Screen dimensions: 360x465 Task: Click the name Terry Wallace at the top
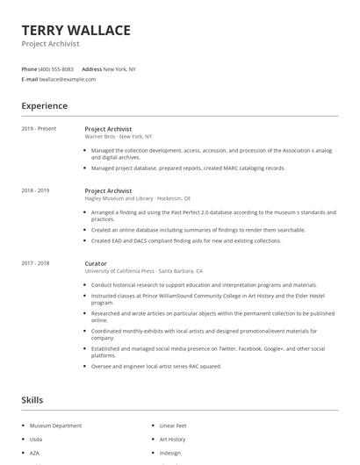(x=76, y=31)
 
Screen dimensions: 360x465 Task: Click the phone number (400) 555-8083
(x=56, y=68)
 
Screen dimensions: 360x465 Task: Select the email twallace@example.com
(x=67, y=79)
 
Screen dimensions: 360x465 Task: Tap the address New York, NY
(x=119, y=68)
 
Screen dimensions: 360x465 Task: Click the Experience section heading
(x=45, y=106)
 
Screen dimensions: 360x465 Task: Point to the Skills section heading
(x=32, y=400)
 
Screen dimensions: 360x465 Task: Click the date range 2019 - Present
(x=39, y=129)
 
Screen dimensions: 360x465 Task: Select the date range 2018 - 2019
(x=35, y=190)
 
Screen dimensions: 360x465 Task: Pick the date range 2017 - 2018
(x=35, y=263)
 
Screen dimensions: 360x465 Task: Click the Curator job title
(x=96, y=263)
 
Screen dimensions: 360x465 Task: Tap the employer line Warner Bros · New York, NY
(x=118, y=137)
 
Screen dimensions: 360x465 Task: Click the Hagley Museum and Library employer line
(x=137, y=198)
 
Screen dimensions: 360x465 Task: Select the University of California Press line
(x=143, y=271)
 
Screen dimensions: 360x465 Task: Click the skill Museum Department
(x=55, y=426)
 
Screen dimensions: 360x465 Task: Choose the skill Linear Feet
(x=172, y=426)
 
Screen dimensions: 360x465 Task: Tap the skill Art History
(x=172, y=439)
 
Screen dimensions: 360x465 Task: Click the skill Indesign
(x=169, y=453)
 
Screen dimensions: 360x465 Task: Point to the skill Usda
(x=36, y=439)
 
